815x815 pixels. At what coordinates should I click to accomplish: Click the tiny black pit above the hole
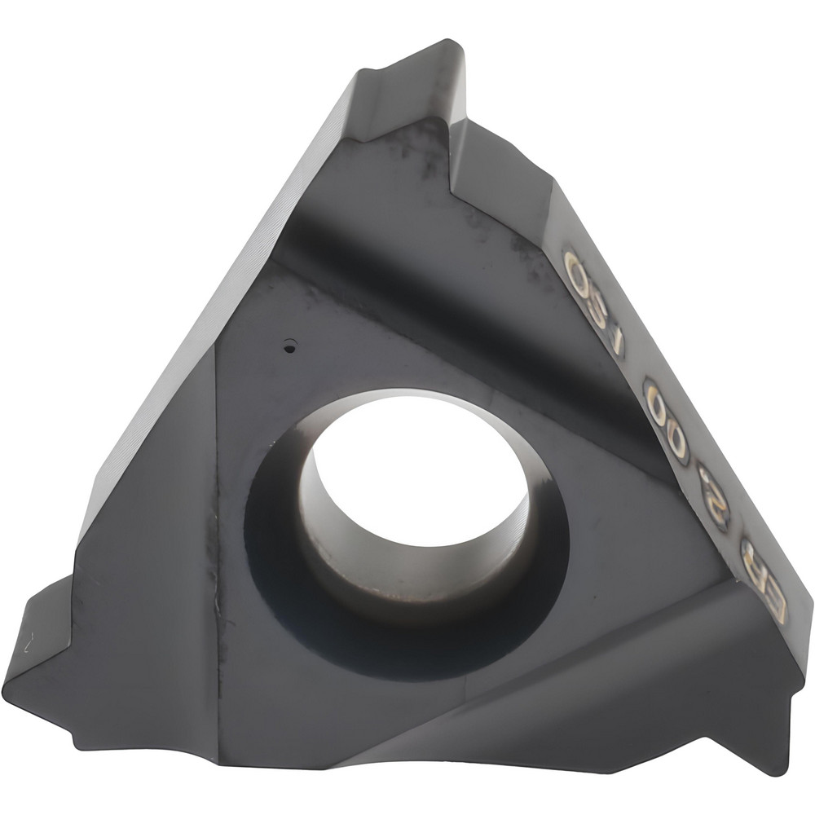288,348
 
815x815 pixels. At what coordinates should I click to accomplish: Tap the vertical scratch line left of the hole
215,570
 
